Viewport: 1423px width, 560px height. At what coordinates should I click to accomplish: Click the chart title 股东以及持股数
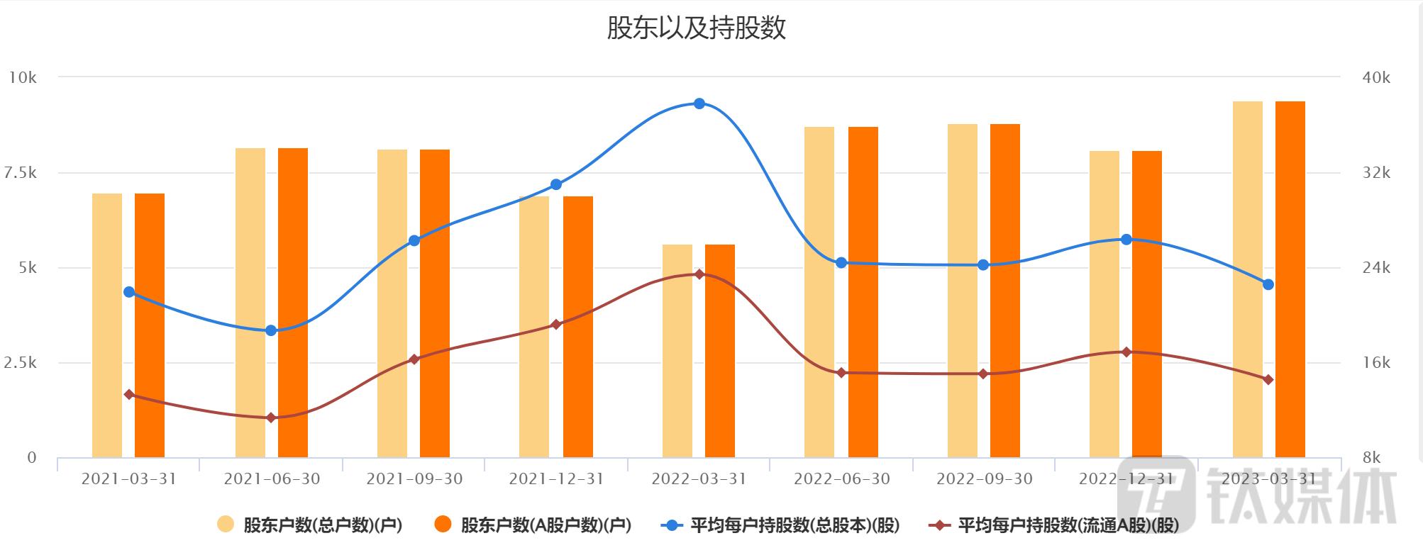[696, 28]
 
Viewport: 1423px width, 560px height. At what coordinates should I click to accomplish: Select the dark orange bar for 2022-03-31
[719, 351]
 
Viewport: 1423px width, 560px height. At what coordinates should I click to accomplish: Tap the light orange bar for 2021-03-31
[107, 325]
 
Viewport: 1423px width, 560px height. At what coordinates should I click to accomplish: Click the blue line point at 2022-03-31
[699, 103]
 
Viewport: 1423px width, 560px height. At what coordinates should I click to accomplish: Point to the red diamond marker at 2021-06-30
[271, 418]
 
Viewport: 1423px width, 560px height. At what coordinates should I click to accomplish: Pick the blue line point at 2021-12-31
[556, 184]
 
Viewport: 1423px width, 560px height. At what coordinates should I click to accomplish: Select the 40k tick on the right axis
[1376, 78]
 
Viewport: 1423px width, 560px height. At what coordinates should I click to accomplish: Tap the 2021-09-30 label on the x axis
[414, 479]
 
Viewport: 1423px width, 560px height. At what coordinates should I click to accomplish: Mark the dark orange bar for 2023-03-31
[1290, 279]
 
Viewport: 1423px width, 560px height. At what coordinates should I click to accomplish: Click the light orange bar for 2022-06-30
[819, 292]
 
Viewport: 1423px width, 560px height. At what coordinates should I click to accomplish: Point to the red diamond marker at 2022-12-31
[1126, 352]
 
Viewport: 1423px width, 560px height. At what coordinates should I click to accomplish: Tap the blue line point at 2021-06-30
[271, 330]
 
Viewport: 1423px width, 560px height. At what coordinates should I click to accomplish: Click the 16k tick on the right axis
[1376, 363]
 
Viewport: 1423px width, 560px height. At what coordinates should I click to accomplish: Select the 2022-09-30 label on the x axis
[985, 479]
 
